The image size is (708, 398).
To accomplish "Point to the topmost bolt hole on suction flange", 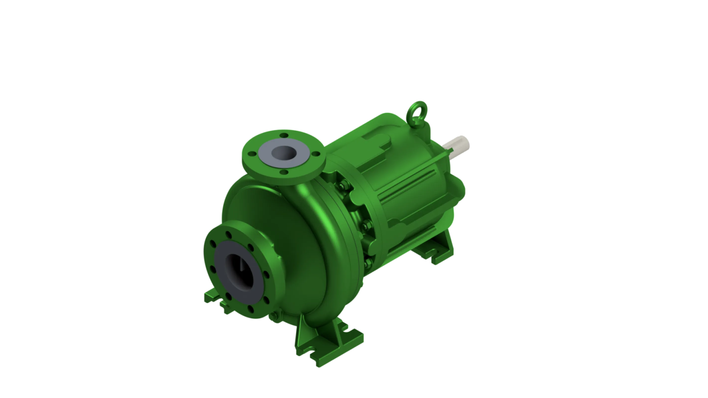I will click(x=228, y=234).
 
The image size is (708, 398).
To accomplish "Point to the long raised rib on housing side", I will click(x=407, y=187).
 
